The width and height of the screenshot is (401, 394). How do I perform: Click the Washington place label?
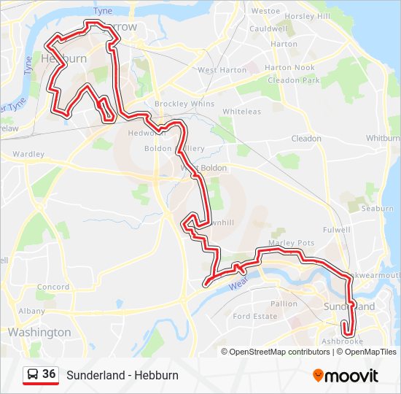click(x=39, y=333)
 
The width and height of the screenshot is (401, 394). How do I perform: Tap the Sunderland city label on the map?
click(x=350, y=307)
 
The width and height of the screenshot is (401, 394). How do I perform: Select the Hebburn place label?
click(x=64, y=58)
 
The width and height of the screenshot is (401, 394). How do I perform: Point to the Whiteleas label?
click(x=241, y=112)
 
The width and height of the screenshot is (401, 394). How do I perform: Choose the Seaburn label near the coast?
click(x=377, y=209)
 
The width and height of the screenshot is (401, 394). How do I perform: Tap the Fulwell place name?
click(x=337, y=229)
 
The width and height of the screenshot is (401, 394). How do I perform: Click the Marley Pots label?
click(x=291, y=243)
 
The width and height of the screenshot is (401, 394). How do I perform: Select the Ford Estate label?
click(x=255, y=317)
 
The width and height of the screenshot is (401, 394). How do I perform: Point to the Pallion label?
click(x=284, y=304)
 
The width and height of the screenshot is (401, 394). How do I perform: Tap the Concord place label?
click(x=52, y=287)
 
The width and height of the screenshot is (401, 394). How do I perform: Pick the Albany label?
click(x=31, y=311)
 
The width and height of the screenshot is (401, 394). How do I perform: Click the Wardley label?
click(x=28, y=155)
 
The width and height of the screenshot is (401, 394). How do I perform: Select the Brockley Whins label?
click(x=184, y=104)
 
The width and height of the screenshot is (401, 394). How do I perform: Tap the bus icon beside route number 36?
click(x=33, y=375)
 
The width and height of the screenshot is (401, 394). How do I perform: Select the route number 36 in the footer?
click(x=49, y=374)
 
